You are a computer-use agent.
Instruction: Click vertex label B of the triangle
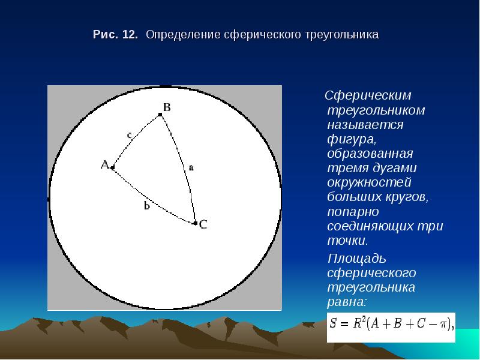(167, 107)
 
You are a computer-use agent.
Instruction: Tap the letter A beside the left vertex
(105, 164)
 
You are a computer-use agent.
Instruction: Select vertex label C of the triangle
(203, 224)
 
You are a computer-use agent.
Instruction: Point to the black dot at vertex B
(160, 115)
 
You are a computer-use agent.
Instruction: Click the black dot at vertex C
(196, 223)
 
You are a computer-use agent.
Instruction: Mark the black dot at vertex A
(112, 168)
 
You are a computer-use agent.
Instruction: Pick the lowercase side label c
(129, 135)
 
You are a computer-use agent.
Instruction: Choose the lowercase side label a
(191, 167)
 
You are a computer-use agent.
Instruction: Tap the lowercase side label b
(147, 206)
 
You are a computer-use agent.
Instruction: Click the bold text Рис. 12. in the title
(115, 34)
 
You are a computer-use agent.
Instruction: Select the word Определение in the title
(183, 35)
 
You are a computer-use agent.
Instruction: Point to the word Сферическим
(368, 96)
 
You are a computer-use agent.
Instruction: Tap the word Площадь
(356, 259)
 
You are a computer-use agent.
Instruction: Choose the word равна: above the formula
(347, 302)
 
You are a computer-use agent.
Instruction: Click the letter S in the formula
(333, 323)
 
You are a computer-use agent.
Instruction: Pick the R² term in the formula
(358, 322)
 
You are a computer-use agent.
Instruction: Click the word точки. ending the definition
(348, 241)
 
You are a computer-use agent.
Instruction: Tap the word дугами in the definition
(395, 169)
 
